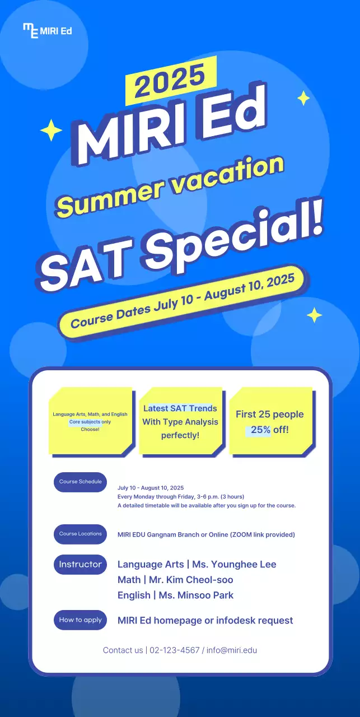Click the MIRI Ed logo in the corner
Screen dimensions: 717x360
pyautogui.click(x=47, y=30)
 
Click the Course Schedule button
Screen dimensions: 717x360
pyautogui.click(x=80, y=482)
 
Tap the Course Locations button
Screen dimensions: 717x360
pyautogui.click(x=80, y=534)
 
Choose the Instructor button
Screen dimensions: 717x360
pyautogui.click(x=80, y=565)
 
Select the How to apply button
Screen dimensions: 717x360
pyautogui.click(x=80, y=620)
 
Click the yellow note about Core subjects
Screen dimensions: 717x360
pyautogui.click(x=90, y=421)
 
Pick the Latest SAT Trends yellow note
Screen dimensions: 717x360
pyautogui.click(x=180, y=421)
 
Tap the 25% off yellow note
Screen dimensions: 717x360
pyautogui.click(x=270, y=422)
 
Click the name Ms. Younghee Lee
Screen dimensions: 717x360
pyautogui.click(x=234, y=564)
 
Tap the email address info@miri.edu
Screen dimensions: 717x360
pyautogui.click(x=232, y=650)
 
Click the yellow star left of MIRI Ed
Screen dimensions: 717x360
pyautogui.click(x=51, y=130)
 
